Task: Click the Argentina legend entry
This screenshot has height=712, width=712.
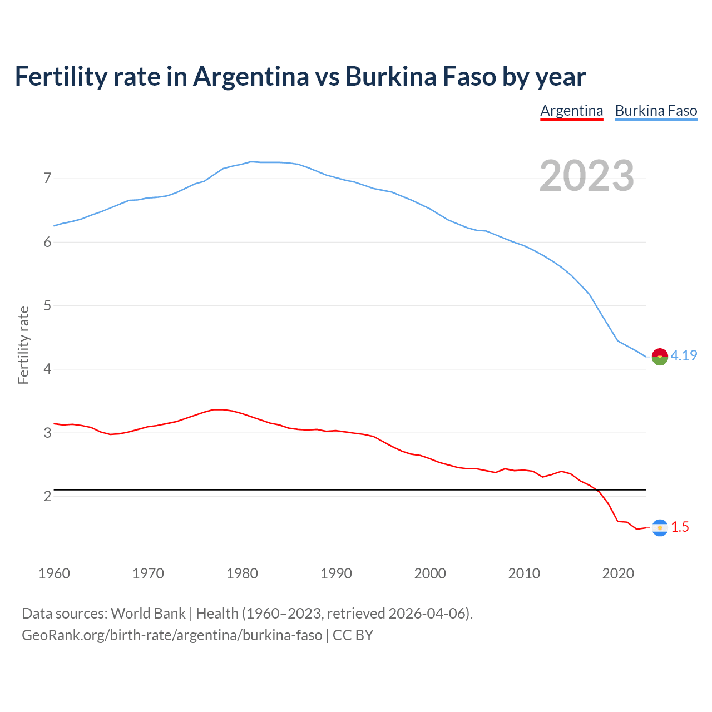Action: pyautogui.click(x=571, y=111)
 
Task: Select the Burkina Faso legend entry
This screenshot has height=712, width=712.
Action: pyautogui.click(x=656, y=111)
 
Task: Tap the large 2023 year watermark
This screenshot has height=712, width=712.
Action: pyautogui.click(x=586, y=176)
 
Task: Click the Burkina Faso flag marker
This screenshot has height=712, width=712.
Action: pyautogui.click(x=660, y=356)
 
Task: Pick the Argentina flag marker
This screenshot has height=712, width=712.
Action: pyautogui.click(x=660, y=527)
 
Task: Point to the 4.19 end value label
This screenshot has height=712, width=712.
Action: pyautogui.click(x=684, y=355)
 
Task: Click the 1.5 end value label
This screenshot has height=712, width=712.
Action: pyautogui.click(x=680, y=527)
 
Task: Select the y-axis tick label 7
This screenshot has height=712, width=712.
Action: pyautogui.click(x=47, y=179)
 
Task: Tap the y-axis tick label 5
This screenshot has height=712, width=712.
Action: pyautogui.click(x=47, y=305)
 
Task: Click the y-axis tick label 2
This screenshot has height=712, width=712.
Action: pyautogui.click(x=47, y=496)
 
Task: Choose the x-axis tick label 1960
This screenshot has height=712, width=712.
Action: pyautogui.click(x=54, y=573)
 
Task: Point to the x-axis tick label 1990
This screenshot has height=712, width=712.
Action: pyautogui.click(x=336, y=573)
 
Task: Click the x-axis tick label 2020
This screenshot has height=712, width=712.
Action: pyautogui.click(x=618, y=573)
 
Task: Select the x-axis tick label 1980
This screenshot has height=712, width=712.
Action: pyautogui.click(x=242, y=573)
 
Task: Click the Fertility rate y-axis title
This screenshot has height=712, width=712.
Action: pyautogui.click(x=23, y=345)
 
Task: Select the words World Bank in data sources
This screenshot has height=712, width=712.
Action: pyautogui.click(x=148, y=613)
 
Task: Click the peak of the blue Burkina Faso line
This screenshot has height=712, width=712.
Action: pyautogui.click(x=251, y=161)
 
